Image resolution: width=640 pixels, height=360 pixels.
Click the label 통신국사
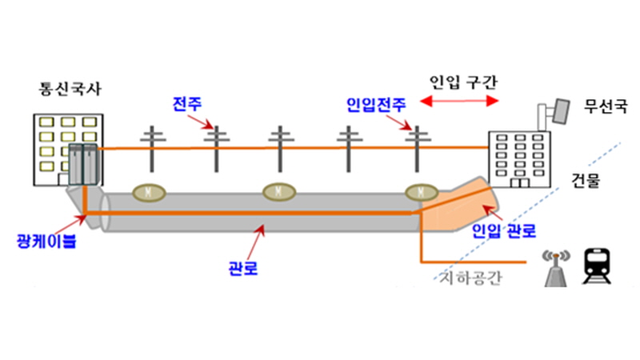point(70,89)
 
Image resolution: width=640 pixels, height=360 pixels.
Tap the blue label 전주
point(187,104)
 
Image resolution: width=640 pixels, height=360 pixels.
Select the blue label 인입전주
point(376,105)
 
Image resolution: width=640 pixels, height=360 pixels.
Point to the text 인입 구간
point(463,82)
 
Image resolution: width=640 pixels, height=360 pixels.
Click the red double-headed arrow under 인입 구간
point(459,101)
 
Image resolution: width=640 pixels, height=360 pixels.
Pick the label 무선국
point(606,106)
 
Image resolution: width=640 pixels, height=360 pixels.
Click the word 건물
point(586,180)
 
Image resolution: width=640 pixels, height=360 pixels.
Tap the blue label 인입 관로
point(504,231)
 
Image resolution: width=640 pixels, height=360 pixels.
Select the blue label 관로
point(243,268)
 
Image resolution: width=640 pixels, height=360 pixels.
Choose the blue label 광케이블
point(46,241)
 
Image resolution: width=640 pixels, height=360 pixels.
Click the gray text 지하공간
point(470,278)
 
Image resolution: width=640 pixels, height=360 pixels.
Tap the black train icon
point(596,266)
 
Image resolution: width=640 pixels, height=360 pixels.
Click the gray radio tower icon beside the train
point(556,268)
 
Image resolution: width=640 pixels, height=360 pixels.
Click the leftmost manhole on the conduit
point(149,192)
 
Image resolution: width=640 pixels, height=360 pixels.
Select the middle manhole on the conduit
point(278,191)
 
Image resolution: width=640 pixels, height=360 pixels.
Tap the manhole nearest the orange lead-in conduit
point(422,192)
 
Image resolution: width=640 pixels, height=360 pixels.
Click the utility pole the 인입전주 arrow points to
point(417,149)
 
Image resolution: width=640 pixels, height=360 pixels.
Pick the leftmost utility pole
point(152,149)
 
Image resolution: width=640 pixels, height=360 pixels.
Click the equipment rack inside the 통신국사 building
point(83,165)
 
